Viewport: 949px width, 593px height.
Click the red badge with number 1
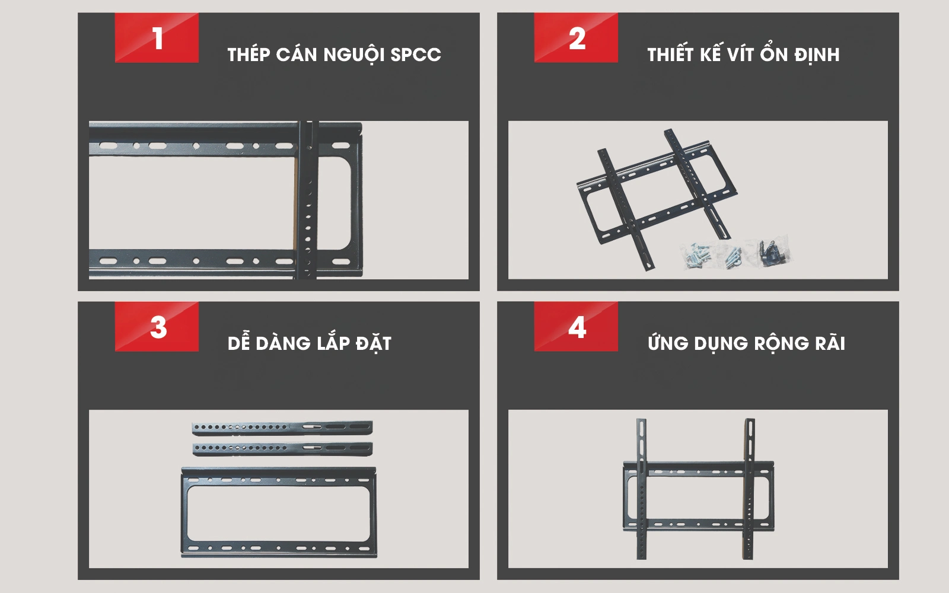157,38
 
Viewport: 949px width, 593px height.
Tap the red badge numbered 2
576,38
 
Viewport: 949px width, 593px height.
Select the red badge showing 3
157,327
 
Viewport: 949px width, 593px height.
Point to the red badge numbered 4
576,327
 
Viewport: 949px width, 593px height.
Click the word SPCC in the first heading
416,55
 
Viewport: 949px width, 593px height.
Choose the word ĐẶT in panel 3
373,343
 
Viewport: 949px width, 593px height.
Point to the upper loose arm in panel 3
282,428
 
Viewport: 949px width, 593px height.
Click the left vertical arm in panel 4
642,489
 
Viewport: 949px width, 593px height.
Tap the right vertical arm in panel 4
749,489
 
